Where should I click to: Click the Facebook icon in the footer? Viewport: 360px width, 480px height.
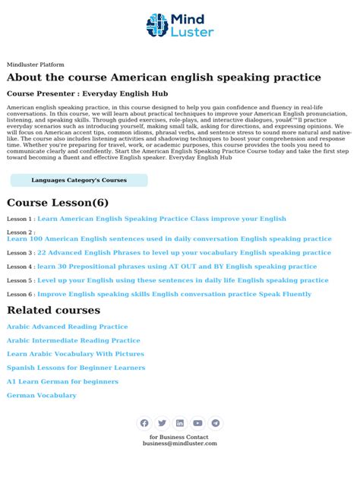[x=144, y=423]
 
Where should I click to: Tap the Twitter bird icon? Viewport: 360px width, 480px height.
[x=162, y=423]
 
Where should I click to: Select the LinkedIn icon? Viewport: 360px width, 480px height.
[x=180, y=423]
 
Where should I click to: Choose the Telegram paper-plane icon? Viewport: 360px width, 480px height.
[x=216, y=423]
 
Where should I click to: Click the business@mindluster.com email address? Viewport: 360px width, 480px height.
[x=180, y=444]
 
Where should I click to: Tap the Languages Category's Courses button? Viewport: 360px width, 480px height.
[x=79, y=180]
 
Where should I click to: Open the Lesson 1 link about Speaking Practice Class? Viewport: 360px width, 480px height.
[x=161, y=219]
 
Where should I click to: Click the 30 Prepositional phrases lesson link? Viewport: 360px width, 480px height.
[x=177, y=267]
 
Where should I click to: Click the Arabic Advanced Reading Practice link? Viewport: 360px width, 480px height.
[x=67, y=327]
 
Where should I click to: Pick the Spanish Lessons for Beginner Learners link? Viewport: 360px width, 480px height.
[x=76, y=368]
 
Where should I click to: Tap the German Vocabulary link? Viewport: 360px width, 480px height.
[x=42, y=395]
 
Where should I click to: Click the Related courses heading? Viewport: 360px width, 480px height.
[x=53, y=310]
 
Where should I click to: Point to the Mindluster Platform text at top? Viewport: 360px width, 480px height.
[x=36, y=65]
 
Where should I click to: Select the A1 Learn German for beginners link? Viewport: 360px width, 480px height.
[x=62, y=381]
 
